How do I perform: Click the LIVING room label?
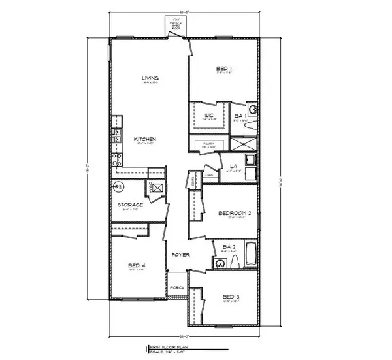coord(151,79)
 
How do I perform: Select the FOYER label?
coord(181,254)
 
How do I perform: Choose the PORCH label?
coord(176,287)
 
